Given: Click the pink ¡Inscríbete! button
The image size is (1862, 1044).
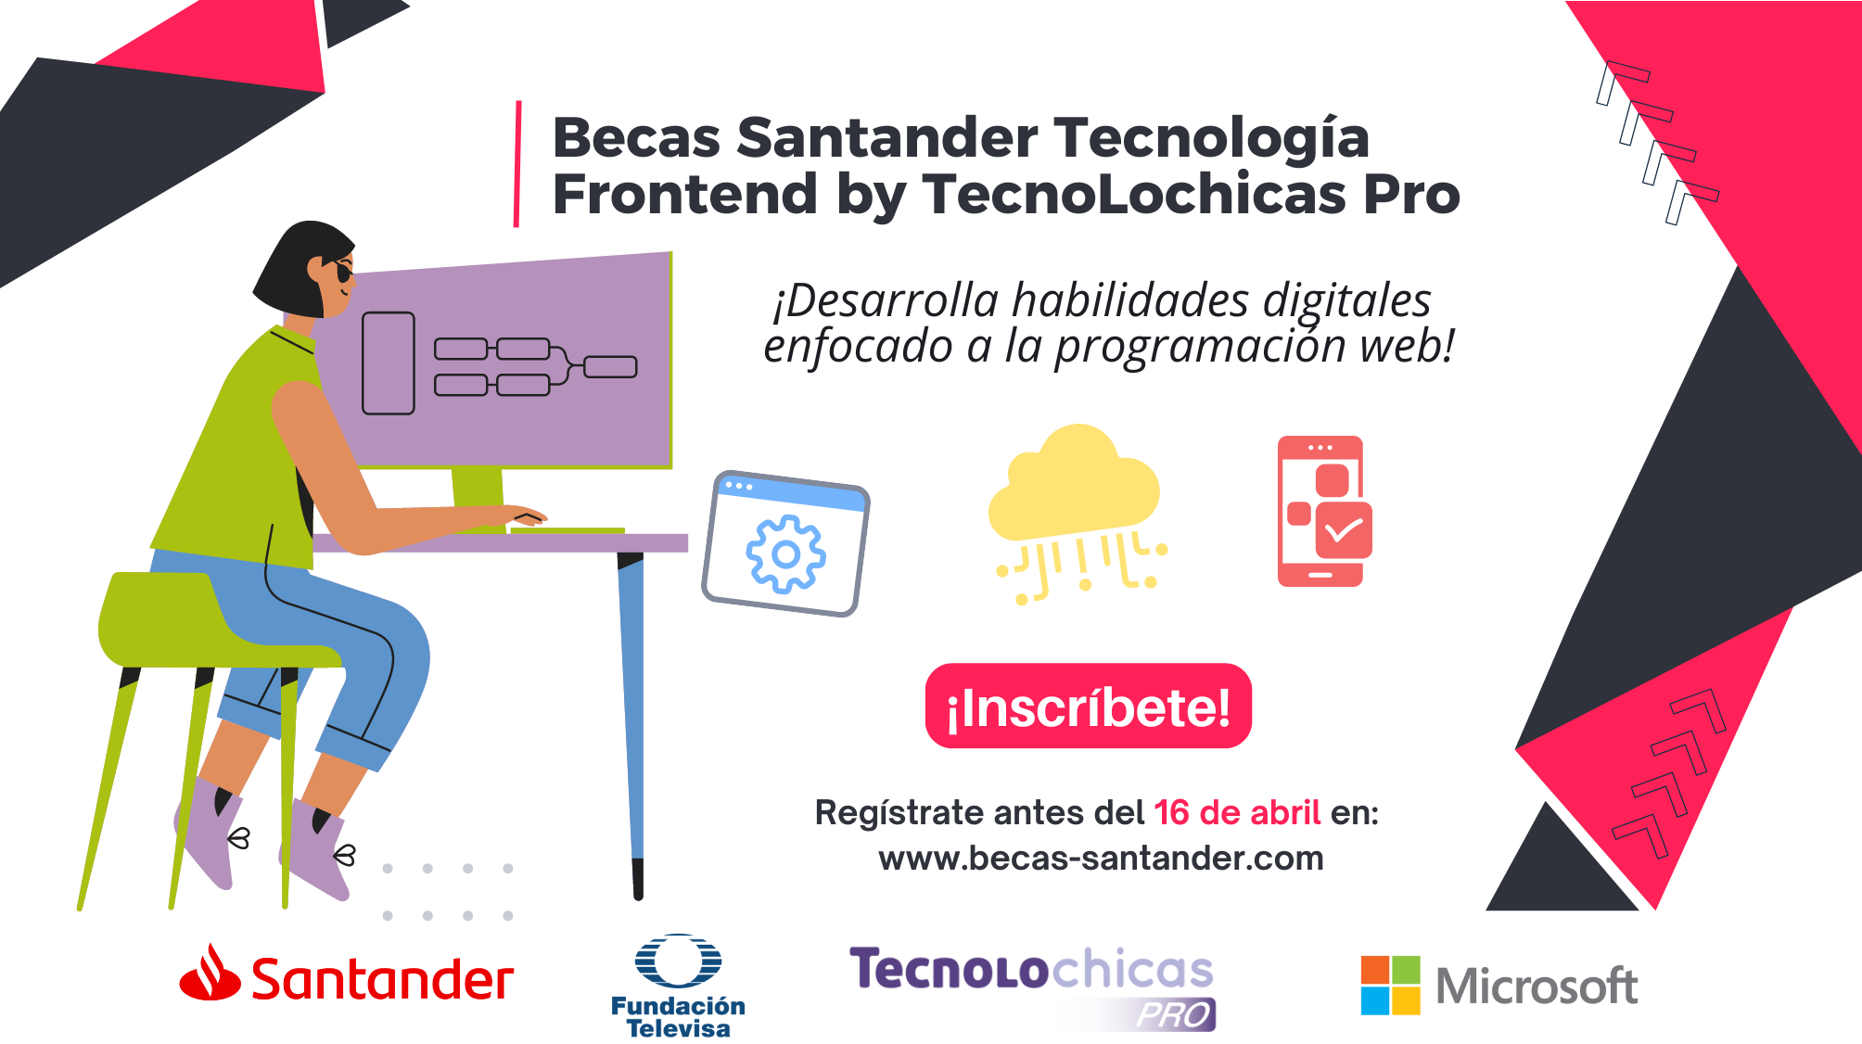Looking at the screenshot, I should (1088, 707).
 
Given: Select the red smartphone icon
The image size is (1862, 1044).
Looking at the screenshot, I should (1322, 511).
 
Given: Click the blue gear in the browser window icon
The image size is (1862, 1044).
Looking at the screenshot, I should (785, 554).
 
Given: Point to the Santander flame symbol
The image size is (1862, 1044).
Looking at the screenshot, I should (210, 974).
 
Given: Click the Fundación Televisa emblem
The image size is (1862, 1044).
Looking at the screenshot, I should (678, 961).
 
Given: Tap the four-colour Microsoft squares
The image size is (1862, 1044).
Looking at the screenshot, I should (1390, 985).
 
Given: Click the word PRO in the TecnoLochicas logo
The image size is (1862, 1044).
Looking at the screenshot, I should (1174, 1014).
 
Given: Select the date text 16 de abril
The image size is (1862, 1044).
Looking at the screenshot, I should (1236, 813).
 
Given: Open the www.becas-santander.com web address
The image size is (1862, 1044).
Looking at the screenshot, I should (1101, 859).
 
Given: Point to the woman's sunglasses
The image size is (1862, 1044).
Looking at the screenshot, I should (342, 273).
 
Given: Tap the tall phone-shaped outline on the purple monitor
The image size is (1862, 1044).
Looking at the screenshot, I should (388, 363).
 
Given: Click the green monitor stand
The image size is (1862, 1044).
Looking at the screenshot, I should (478, 498).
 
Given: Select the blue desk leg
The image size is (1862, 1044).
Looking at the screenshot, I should (632, 705).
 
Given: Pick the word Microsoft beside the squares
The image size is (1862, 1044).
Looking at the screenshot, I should (1536, 987).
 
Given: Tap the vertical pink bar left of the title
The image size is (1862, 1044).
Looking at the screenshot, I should (517, 164).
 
